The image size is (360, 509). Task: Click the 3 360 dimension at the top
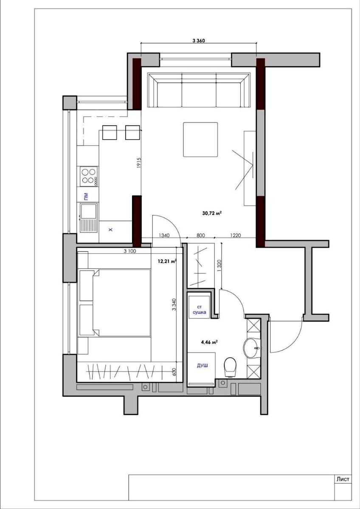(199, 41)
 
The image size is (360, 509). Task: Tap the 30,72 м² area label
(212, 213)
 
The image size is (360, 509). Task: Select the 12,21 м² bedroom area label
(167, 261)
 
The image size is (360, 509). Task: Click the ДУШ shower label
(202, 366)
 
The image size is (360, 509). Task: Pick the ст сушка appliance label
(199, 310)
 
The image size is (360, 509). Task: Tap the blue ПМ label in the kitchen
(86, 196)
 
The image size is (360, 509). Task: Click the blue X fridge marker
(110, 230)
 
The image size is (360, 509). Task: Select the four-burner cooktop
(88, 176)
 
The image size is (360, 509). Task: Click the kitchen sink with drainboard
(88, 218)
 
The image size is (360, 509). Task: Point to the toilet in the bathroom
(231, 367)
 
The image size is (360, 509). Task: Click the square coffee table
(200, 140)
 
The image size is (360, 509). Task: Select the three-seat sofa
(199, 90)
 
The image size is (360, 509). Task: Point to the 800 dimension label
(200, 235)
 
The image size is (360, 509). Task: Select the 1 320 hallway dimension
(219, 265)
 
